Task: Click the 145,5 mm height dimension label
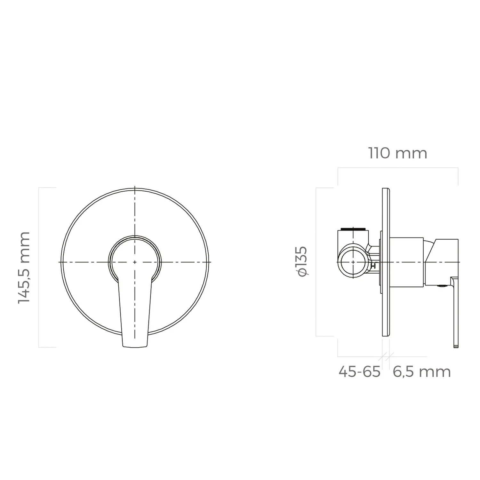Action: coord(24,268)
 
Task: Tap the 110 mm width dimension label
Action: coord(398,153)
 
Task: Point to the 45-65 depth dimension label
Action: coord(360,372)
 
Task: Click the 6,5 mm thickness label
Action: coord(422,372)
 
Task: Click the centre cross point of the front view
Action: coord(135,262)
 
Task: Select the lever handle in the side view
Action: coord(455,312)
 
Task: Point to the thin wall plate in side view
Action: coord(386,262)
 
